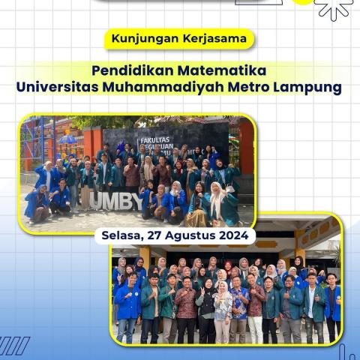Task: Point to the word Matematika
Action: click(222, 70)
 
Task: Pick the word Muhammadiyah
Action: click(174, 88)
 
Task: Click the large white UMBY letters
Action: click(115, 201)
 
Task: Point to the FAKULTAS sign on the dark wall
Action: click(157, 139)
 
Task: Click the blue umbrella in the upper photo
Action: click(68, 139)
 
